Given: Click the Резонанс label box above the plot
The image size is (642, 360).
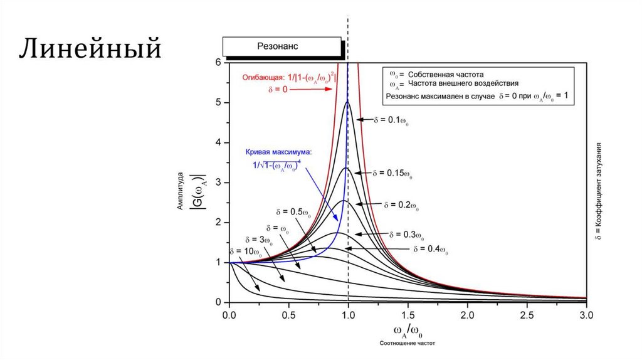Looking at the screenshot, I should point(282,46).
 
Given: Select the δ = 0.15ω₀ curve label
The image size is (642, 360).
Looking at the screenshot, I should point(396,172).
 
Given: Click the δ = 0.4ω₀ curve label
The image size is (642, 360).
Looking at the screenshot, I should point(431,249).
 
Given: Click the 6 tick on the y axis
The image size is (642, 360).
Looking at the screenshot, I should point(218,63).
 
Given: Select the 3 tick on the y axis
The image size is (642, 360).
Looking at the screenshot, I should point(218,183).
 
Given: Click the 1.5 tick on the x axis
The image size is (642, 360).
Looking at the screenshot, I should point(408,312).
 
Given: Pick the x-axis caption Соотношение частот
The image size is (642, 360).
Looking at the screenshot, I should point(407,343).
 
